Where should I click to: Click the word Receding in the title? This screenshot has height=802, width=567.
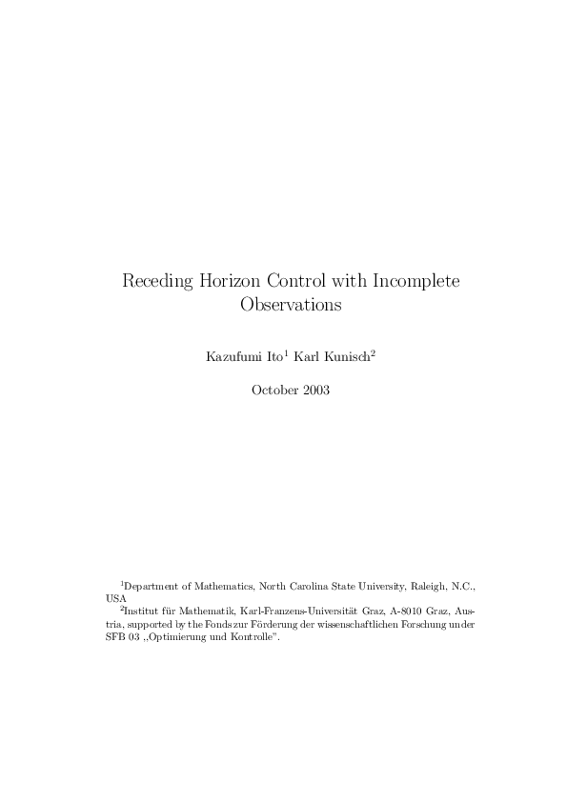coord(156,282)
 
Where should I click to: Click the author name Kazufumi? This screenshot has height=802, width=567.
coord(230,358)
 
